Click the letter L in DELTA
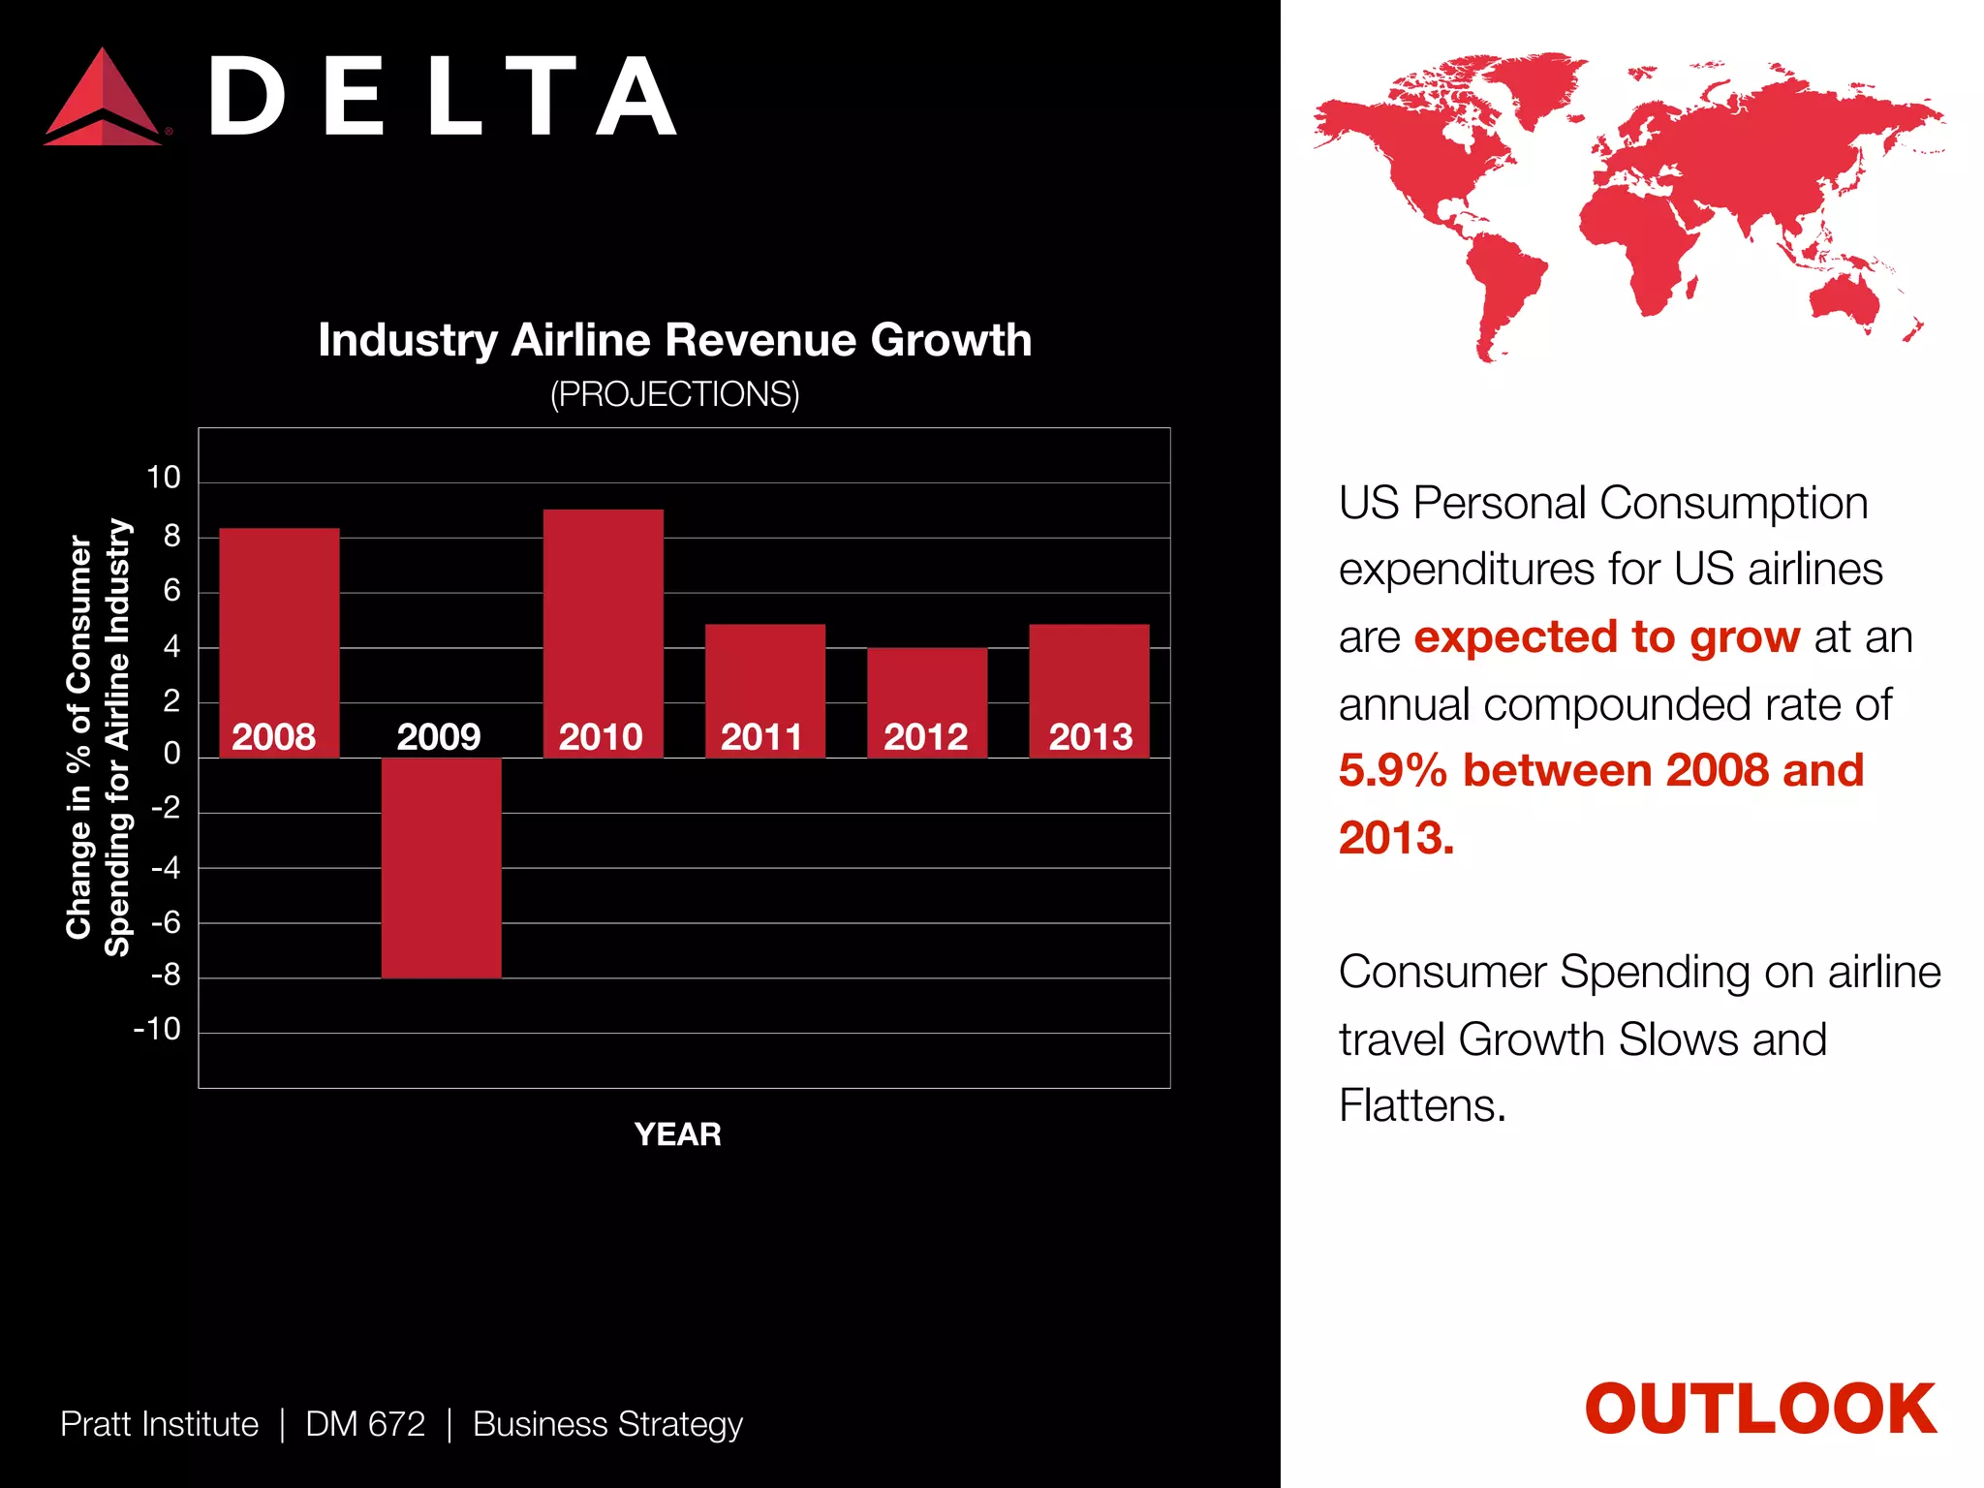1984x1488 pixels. [x=453, y=97]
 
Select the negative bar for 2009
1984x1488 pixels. [x=441, y=867]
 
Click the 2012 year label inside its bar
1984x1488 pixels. [x=925, y=737]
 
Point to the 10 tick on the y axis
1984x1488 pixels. [x=164, y=478]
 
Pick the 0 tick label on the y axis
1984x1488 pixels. [x=171, y=754]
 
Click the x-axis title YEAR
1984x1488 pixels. [x=677, y=1134]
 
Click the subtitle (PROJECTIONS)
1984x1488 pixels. [x=674, y=394]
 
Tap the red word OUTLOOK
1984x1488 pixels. [x=1759, y=1410]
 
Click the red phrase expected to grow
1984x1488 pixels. [x=1606, y=637]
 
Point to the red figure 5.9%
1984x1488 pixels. [x=1392, y=771]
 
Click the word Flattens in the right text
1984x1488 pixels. [x=1421, y=1105]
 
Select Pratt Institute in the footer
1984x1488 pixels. [x=159, y=1424]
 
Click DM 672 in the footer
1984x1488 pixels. [x=365, y=1424]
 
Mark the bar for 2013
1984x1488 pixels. [x=1088, y=678]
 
